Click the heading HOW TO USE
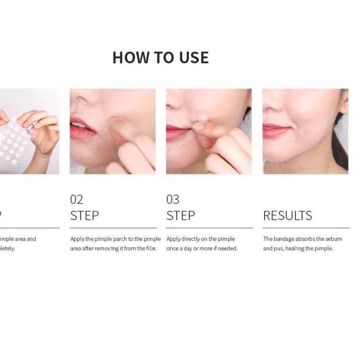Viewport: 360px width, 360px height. [x=160, y=58]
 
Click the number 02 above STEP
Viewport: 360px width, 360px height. [x=76, y=199]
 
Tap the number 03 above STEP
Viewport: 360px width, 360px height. [x=173, y=199]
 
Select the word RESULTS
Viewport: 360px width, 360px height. [x=287, y=216]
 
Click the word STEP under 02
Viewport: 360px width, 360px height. [x=84, y=216]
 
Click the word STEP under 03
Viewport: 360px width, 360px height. [x=181, y=216]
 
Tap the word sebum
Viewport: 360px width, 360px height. [x=334, y=239]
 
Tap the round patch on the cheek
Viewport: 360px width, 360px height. [x=202, y=118]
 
